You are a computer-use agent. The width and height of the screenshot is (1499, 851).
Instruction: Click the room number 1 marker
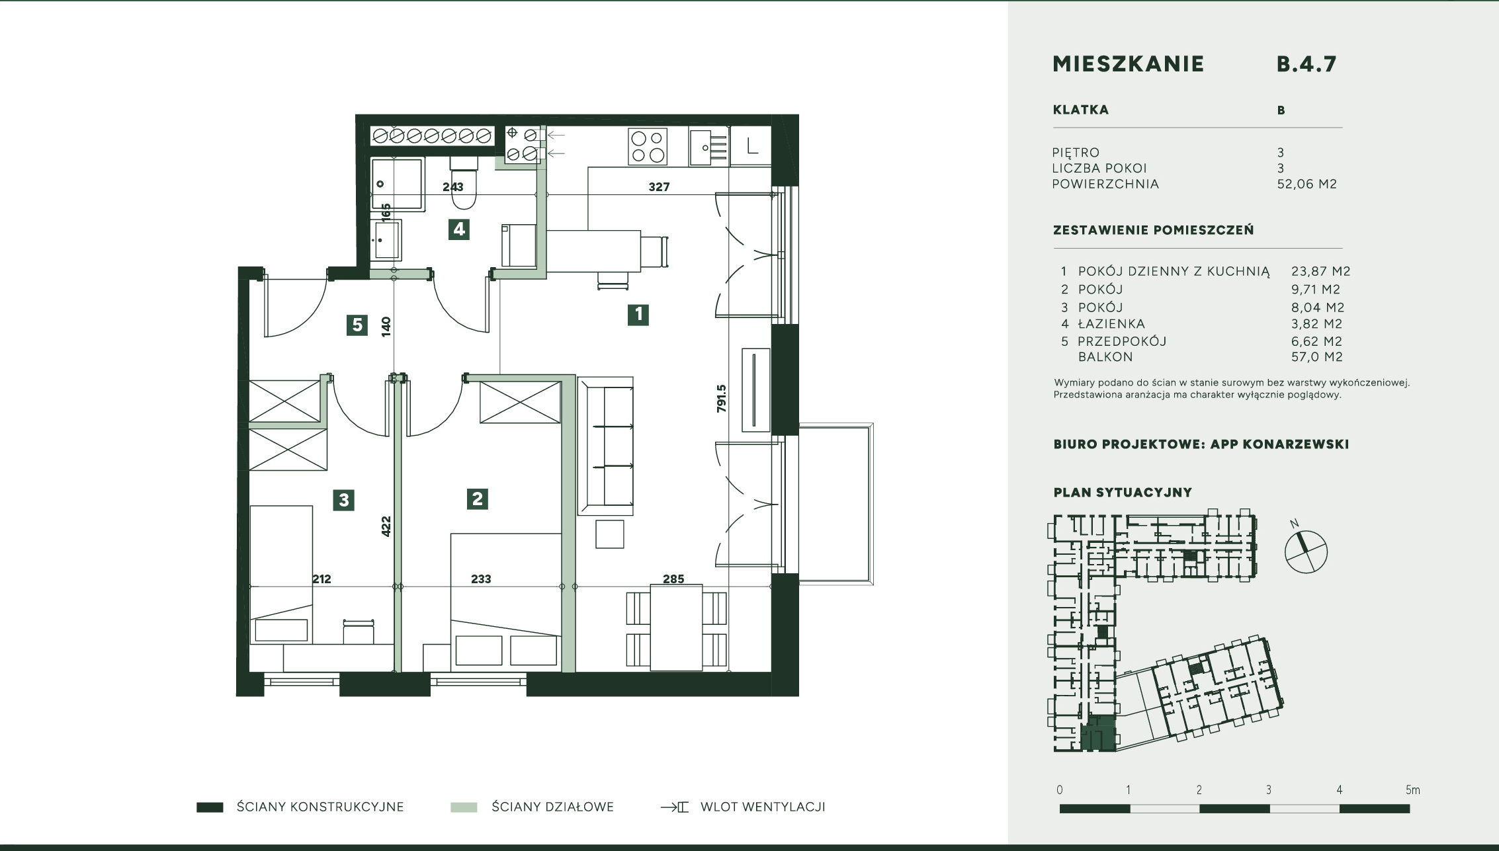click(x=638, y=315)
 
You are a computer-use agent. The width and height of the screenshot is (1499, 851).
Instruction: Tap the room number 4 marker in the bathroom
click(x=458, y=229)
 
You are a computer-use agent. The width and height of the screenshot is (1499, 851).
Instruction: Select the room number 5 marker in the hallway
click(x=357, y=325)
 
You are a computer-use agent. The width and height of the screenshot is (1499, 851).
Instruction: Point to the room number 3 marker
click(x=343, y=500)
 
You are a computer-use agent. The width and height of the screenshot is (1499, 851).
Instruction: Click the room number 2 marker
click(x=477, y=499)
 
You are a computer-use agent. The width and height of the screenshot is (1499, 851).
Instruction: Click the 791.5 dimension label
click(x=721, y=399)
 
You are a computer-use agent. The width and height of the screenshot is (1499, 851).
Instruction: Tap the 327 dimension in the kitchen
click(x=659, y=187)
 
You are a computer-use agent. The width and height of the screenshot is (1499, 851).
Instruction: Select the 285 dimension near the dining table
click(x=673, y=579)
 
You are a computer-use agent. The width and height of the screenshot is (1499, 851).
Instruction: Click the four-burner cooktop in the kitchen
click(x=648, y=147)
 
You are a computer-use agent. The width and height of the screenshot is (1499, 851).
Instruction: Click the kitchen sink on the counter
click(x=708, y=147)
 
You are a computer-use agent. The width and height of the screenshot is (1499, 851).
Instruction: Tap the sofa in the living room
click(x=605, y=446)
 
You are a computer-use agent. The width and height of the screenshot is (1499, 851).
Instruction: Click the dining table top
click(x=676, y=628)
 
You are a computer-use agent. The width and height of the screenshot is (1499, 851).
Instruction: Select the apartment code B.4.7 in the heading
click(x=1306, y=63)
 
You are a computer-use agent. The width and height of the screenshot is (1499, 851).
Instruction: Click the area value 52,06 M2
click(x=1307, y=184)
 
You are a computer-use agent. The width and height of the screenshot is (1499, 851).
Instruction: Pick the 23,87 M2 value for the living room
click(x=1321, y=271)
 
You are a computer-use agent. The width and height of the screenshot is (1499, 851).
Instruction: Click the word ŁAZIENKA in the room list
click(x=1111, y=324)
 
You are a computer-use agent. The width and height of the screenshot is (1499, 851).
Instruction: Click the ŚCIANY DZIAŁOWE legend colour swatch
click(x=464, y=807)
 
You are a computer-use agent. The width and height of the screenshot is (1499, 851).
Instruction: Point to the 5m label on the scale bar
click(x=1413, y=790)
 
